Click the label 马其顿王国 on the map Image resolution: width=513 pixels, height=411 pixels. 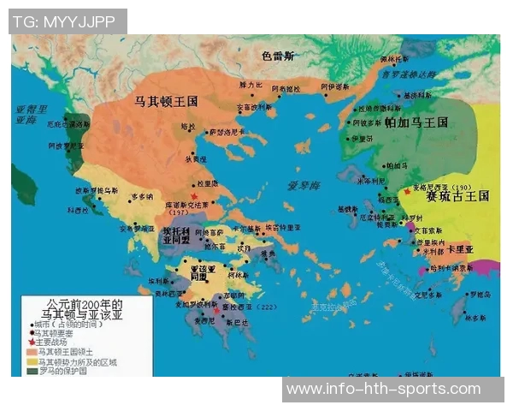[x=167, y=101]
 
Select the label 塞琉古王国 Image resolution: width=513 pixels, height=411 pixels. [x=457, y=195]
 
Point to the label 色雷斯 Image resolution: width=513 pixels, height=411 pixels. [x=279, y=56]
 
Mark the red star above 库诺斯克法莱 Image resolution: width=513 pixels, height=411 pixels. [x=193, y=196]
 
